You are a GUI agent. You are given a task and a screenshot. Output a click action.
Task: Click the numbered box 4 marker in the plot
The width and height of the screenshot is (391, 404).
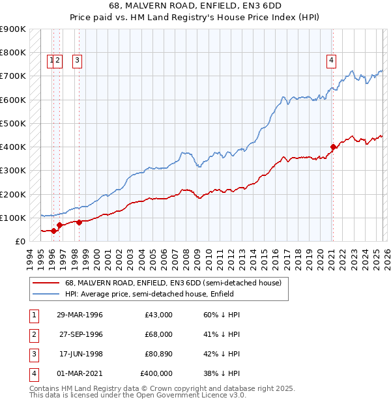[331, 61]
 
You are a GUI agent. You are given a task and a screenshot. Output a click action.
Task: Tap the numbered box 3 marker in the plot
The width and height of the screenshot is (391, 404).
[77, 61]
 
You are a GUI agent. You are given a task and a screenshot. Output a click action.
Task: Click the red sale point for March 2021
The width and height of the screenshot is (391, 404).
[333, 147]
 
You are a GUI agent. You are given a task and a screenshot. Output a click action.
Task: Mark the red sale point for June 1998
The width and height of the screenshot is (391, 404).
[79, 222]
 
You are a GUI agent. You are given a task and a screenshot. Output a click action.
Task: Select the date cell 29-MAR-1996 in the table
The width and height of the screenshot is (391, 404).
[80, 315]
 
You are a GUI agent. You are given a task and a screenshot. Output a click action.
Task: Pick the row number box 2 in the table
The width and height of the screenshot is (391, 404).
[32, 334]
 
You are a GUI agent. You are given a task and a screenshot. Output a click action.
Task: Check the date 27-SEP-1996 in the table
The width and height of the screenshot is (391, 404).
[80, 334]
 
